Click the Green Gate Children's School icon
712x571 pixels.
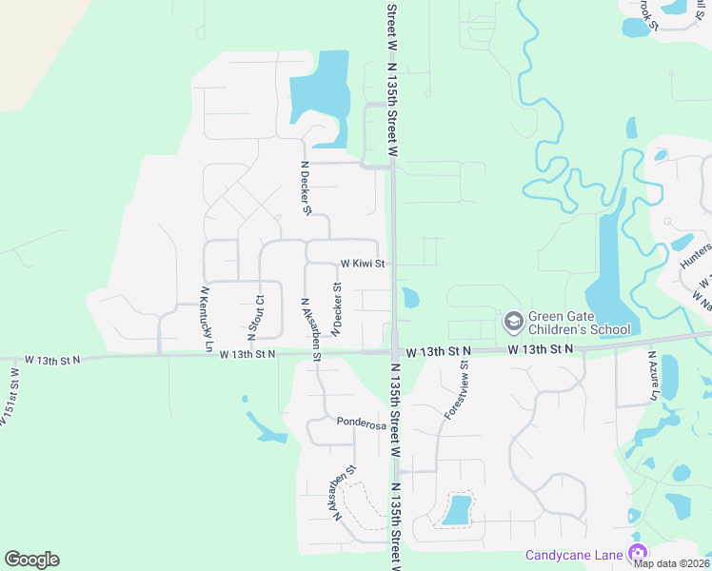tap(513, 322)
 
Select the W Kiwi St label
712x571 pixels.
tap(363, 264)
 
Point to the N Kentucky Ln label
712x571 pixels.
tap(205, 318)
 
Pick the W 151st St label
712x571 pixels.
tap(9, 404)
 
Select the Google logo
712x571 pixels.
tap(31, 560)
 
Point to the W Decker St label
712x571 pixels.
tap(336, 308)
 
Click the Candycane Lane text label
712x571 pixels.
tap(575, 555)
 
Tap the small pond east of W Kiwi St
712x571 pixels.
tap(409, 298)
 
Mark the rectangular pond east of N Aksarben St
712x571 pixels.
tap(457, 510)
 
